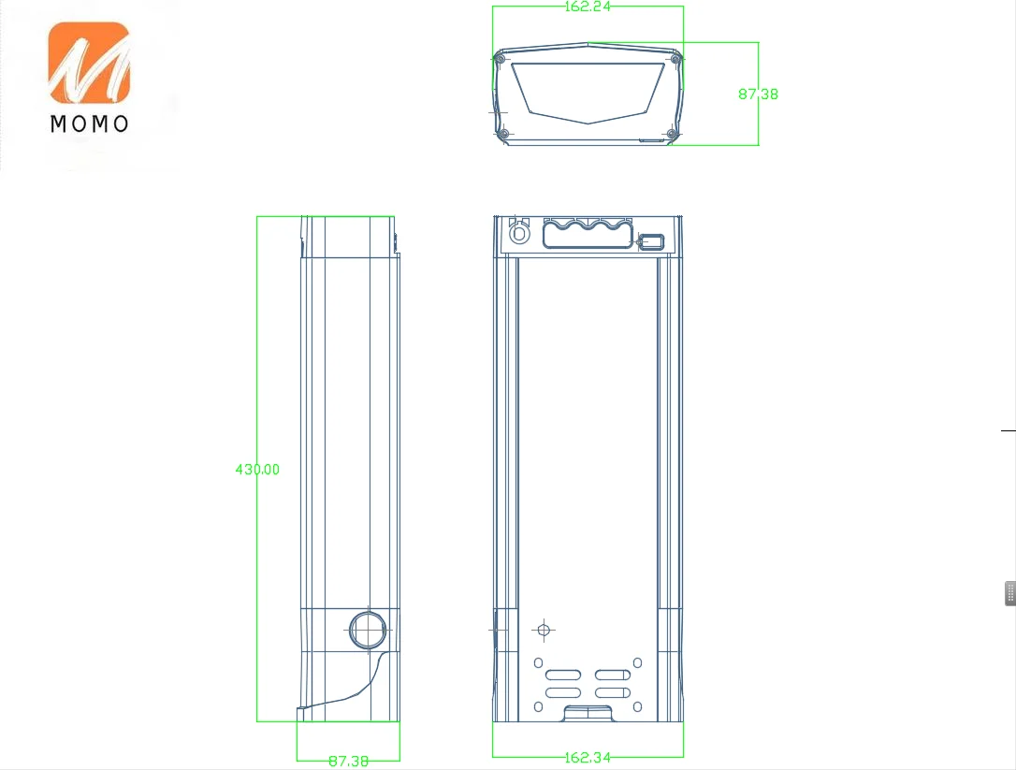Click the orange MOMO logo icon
(89, 63)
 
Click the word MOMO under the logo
(89, 123)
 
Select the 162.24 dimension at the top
(588, 7)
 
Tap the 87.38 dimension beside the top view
(758, 94)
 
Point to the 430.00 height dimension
(257, 469)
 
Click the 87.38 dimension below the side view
(348, 761)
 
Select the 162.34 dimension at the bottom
(588, 757)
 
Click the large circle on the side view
(368, 630)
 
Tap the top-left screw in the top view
(500, 60)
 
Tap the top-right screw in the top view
(675, 60)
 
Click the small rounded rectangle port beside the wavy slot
(651, 242)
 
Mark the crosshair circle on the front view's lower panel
(544, 630)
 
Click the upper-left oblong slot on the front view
(563, 676)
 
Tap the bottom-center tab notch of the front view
(588, 714)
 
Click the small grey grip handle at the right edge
(1010, 593)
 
